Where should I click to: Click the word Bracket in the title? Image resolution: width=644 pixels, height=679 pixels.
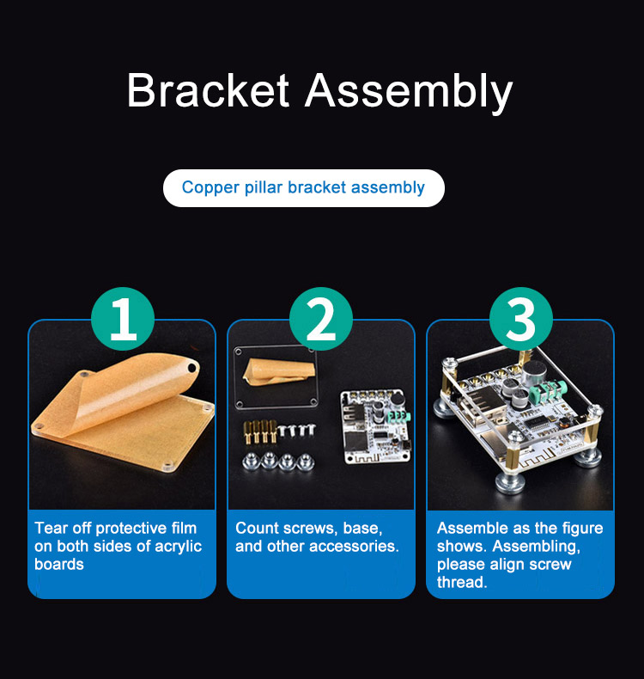click(208, 90)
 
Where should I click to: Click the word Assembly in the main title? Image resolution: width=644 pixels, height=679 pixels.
click(409, 93)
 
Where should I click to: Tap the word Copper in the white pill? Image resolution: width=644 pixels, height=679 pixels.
click(210, 188)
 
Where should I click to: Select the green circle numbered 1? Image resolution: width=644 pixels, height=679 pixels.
click(123, 318)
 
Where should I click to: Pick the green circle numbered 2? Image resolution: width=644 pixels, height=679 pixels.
click(321, 318)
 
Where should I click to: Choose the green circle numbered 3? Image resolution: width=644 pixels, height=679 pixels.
click(521, 318)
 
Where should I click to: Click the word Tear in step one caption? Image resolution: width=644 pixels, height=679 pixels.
click(51, 529)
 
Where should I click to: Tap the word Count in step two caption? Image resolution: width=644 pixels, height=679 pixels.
click(256, 529)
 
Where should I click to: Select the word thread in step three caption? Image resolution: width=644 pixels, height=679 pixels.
click(461, 583)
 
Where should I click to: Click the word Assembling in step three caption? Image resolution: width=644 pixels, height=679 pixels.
click(536, 547)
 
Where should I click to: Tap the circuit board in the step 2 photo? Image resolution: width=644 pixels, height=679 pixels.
click(374, 425)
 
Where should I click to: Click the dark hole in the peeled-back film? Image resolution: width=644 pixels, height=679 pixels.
click(191, 369)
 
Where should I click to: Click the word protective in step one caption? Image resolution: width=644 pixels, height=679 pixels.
click(131, 529)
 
